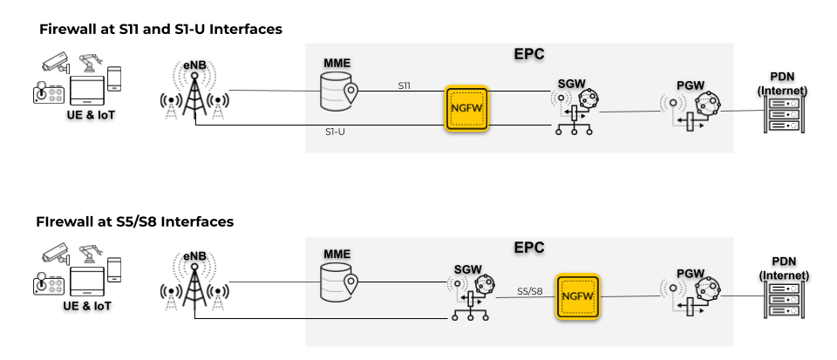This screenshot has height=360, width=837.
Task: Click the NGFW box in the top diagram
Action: point(466,109)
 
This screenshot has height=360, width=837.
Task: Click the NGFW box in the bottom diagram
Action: point(579,298)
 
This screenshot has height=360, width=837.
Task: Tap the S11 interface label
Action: point(405,85)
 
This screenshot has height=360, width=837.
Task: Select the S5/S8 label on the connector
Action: point(530,290)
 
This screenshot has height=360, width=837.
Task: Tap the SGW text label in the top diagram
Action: point(574,80)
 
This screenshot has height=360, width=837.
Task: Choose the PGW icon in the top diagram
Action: point(693,109)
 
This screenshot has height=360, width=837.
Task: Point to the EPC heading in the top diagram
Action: point(529,54)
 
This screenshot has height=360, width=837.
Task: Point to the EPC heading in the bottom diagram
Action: point(529,247)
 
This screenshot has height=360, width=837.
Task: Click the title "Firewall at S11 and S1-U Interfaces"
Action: point(160,29)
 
